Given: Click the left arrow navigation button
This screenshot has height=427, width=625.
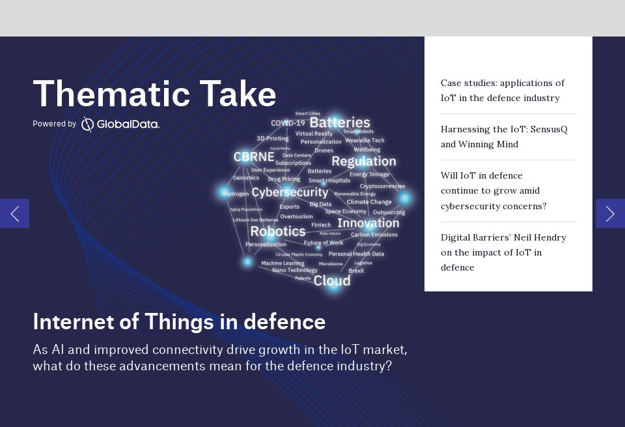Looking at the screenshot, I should (x=14, y=213).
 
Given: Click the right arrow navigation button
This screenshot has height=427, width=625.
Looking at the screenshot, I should (x=610, y=213).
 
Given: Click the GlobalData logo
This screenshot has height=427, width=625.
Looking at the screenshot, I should (x=120, y=124).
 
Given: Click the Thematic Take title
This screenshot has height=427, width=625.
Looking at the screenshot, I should (x=154, y=94).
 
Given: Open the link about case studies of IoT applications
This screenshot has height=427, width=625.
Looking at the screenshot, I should (x=503, y=91).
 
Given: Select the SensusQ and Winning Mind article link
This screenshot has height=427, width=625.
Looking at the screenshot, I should (x=504, y=137).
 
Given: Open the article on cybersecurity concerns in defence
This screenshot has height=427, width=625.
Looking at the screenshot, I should (x=493, y=191).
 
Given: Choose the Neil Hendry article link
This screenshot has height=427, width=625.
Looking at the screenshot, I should (x=503, y=252).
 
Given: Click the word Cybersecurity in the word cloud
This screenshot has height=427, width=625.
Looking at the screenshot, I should (x=290, y=192).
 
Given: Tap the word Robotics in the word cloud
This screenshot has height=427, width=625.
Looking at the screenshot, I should (x=277, y=231).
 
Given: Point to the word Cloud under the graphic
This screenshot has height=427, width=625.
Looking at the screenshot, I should (x=332, y=280).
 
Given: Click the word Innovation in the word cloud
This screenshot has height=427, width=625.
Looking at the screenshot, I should (x=368, y=223).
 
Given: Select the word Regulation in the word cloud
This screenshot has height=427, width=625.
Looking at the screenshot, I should (x=363, y=161).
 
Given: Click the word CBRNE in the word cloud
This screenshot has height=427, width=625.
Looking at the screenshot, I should (x=254, y=157).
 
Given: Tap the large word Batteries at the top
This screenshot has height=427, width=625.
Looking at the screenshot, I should (x=340, y=123).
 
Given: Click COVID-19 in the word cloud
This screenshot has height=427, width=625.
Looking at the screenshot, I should (x=288, y=123).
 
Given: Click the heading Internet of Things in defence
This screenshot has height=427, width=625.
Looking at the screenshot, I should (x=179, y=321).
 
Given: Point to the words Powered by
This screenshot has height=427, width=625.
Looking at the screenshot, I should (x=54, y=124).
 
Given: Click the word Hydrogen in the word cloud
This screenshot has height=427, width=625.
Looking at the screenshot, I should (x=236, y=194).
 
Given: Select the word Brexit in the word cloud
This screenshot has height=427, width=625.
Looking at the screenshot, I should (x=356, y=271).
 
